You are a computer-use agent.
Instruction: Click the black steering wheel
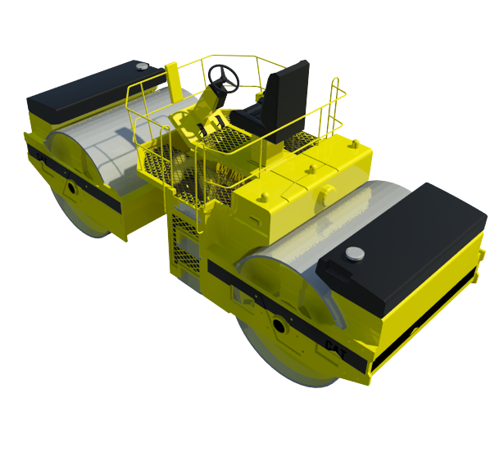[224, 78]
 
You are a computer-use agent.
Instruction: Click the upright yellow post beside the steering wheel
[173, 83]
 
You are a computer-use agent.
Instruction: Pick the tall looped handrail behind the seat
[334, 106]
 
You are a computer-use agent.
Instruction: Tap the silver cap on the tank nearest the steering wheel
[142, 66]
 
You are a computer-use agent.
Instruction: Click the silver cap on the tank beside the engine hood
[355, 254]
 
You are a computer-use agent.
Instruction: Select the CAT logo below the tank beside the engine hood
[335, 349]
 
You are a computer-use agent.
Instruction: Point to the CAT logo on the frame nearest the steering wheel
[42, 158]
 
